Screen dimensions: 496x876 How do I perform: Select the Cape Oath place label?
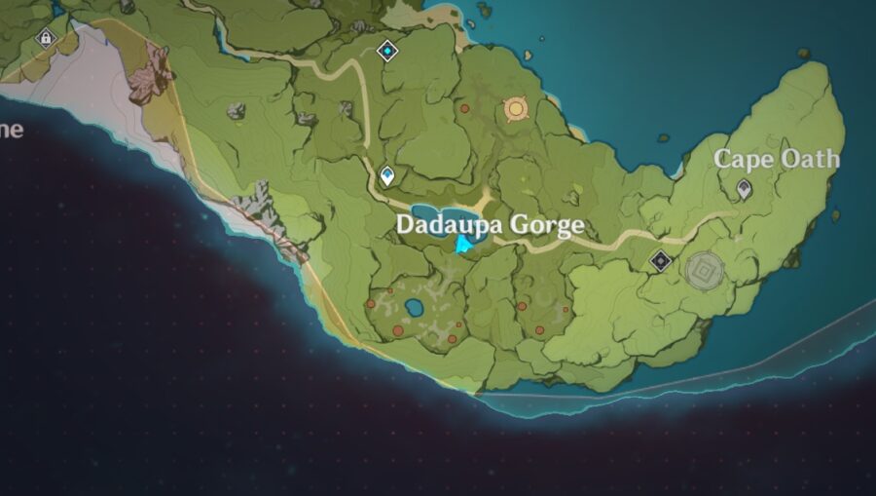click(x=776, y=159)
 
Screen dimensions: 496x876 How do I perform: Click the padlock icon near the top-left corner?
click(x=44, y=38)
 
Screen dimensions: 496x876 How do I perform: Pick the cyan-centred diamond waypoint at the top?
click(x=388, y=50)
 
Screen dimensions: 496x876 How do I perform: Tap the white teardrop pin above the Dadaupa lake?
click(x=387, y=175)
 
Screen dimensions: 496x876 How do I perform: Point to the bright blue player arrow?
click(x=463, y=244)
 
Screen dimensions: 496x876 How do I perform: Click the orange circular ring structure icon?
click(x=515, y=109)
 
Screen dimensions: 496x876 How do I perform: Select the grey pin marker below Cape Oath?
click(x=745, y=189)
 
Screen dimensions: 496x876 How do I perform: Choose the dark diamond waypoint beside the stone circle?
click(x=661, y=260)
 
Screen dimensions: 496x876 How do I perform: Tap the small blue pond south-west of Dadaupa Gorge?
click(x=414, y=309)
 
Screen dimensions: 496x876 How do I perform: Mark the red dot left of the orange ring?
click(x=464, y=108)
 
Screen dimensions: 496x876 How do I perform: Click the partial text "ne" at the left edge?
click(x=11, y=130)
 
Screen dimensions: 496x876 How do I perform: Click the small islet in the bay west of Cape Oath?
click(x=664, y=137)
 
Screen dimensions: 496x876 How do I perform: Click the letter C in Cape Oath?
click(x=724, y=159)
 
